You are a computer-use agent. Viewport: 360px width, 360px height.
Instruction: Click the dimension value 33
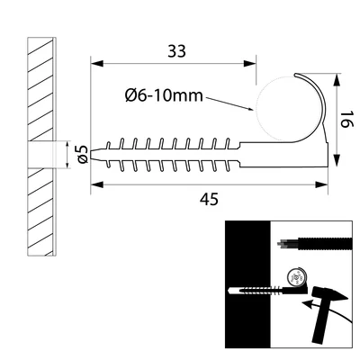pyautogui.click(x=175, y=51)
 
